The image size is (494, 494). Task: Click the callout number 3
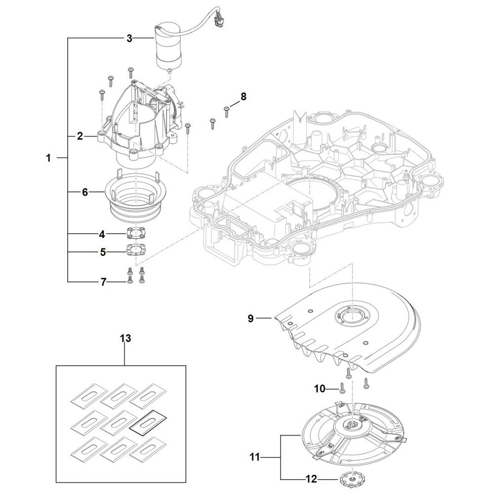129,39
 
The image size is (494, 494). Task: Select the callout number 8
243,96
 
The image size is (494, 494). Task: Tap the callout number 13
125,338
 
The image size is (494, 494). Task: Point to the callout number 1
48,158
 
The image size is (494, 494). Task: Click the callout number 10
320,389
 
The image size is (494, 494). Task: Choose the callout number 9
250,319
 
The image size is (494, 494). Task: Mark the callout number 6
85,192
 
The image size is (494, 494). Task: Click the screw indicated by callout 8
226,111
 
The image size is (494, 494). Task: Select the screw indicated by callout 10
342,388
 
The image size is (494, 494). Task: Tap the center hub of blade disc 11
350,426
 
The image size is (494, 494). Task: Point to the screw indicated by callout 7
129,281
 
